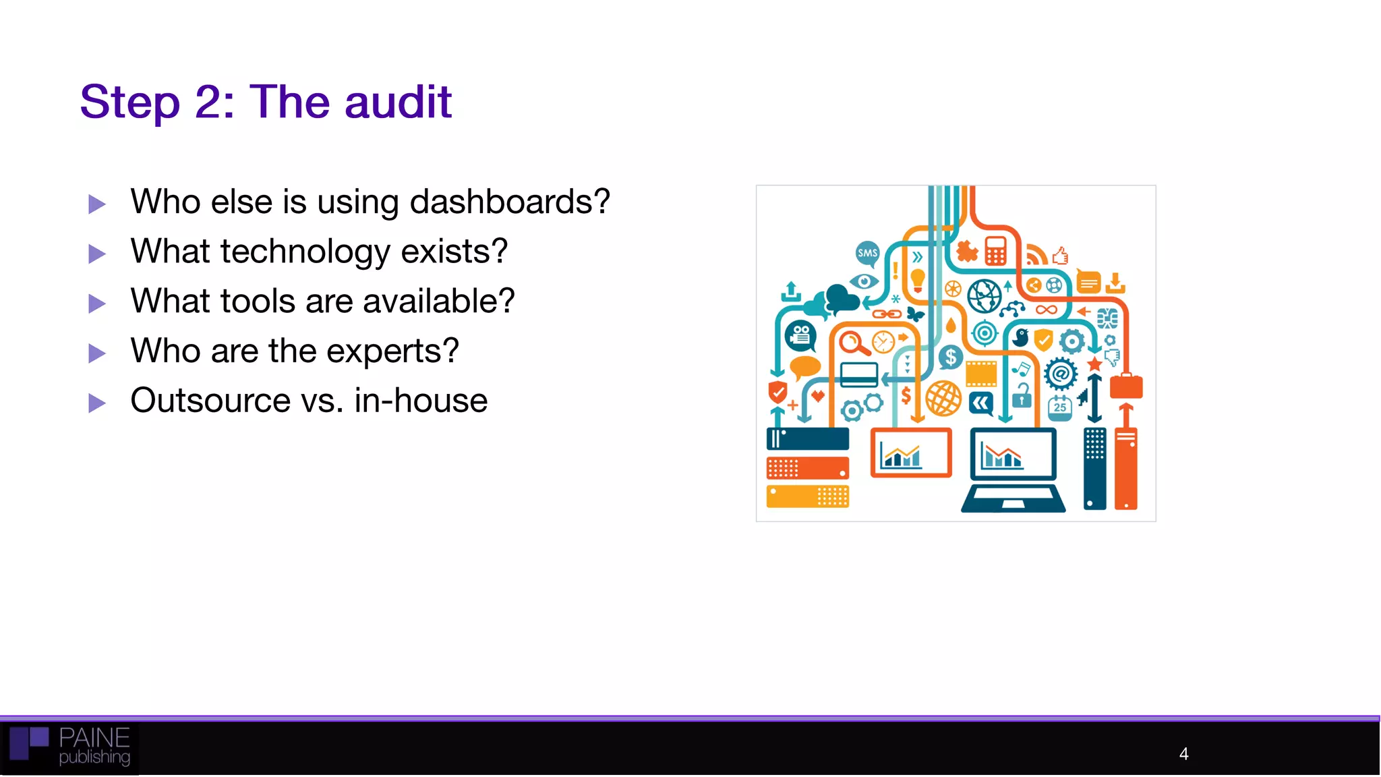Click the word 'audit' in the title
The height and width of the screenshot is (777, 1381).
click(x=398, y=103)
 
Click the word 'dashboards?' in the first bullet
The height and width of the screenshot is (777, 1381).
click(x=510, y=202)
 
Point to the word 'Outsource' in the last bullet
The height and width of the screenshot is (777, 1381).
click(x=210, y=401)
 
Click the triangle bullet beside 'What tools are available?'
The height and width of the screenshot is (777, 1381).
click(x=97, y=304)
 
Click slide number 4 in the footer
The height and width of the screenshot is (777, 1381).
click(x=1183, y=753)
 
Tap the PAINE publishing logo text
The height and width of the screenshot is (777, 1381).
click(x=94, y=746)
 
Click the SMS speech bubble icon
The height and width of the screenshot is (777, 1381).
click(x=867, y=254)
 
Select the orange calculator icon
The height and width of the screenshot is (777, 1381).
click(x=995, y=251)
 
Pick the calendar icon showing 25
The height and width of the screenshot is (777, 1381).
click(x=1060, y=407)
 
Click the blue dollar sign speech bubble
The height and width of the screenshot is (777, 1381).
click(x=950, y=357)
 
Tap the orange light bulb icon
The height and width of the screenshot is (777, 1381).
click(x=918, y=279)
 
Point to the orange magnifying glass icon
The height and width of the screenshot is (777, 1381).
click(x=853, y=343)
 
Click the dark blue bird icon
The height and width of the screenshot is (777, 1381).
click(x=1021, y=337)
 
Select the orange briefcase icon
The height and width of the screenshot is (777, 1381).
click(x=1125, y=386)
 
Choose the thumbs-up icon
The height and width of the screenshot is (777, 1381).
click(x=1060, y=256)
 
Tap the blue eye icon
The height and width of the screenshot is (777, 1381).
click(x=864, y=281)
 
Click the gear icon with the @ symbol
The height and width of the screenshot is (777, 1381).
click(x=1061, y=373)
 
